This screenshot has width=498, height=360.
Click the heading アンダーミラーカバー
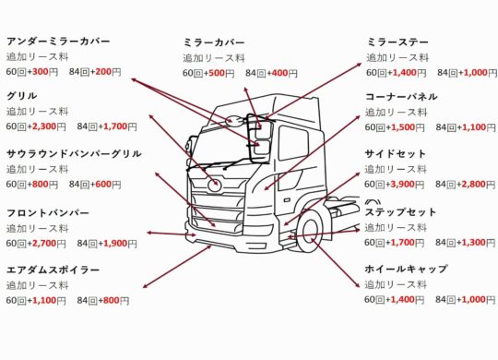58,42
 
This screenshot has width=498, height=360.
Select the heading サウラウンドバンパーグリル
74,153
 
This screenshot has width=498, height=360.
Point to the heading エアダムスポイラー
53,270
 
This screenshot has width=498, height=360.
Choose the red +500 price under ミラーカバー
214,73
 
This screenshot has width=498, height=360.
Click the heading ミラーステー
398,42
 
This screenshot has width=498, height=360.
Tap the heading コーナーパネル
401,96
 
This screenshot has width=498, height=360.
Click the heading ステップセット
400,212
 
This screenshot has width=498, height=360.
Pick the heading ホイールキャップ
406,269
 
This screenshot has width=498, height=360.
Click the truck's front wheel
310,231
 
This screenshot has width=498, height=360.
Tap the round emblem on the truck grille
214,185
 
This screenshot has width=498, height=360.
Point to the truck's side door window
293,142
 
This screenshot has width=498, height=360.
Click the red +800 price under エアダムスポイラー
109,301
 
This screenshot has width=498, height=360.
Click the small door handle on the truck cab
287,200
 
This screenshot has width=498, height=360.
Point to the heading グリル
21,96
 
